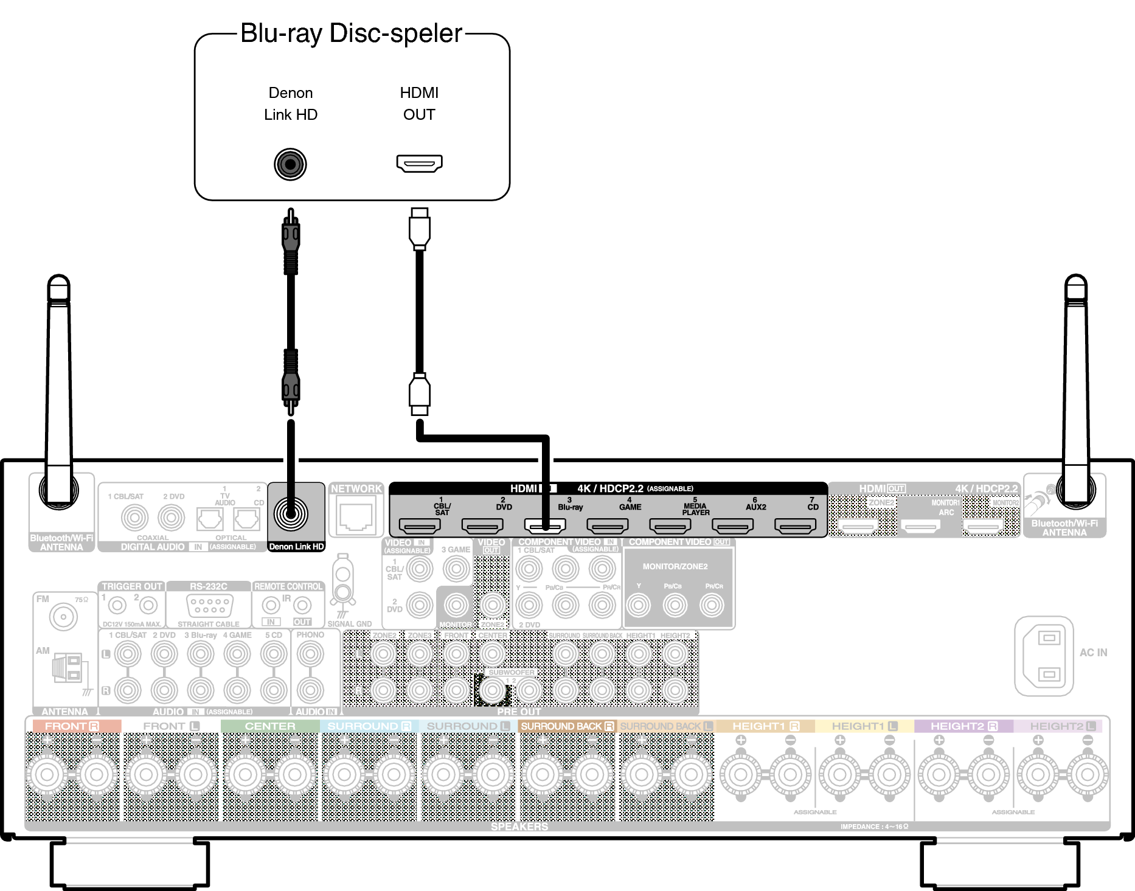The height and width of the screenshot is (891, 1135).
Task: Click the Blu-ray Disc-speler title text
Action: pos(352,33)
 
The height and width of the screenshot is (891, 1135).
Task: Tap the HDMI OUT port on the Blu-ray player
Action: pos(419,163)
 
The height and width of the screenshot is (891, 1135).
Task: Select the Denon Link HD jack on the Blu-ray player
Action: pos(290,164)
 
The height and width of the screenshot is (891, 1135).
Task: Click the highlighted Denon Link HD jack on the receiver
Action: pos(291,514)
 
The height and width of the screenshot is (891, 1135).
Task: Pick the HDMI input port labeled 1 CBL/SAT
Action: pos(419,525)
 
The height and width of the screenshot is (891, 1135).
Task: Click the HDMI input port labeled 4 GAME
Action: pos(607,525)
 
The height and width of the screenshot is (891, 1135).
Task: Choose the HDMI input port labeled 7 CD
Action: pos(795,525)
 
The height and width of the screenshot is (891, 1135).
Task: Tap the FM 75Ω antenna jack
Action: pos(63,617)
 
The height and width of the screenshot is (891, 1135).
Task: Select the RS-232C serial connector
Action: pos(209,606)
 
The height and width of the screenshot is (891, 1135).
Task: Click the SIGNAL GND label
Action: pos(349,624)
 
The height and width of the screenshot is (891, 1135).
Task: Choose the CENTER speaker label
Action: pos(270,726)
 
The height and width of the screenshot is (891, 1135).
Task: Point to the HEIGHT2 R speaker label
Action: pos(963,726)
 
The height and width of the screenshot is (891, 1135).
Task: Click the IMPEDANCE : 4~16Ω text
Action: pos(874,827)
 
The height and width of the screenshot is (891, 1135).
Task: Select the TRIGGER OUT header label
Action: pos(132,586)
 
